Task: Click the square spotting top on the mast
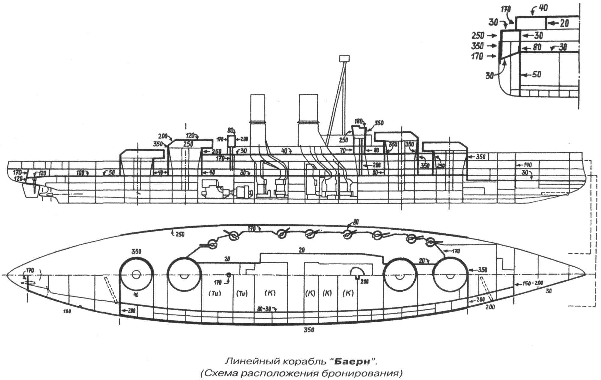point(344,58)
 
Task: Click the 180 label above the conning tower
point(358,121)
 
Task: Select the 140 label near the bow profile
point(527,165)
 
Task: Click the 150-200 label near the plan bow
point(533,283)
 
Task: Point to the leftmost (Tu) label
point(215,293)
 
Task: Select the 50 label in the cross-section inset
point(537,74)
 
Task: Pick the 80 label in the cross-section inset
point(537,47)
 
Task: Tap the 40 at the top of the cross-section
point(543,8)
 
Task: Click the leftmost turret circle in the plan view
point(136,275)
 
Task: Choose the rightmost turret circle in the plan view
point(450,275)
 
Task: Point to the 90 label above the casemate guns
point(356,222)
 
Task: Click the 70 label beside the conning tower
point(343,150)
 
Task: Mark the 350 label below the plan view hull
point(309,330)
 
